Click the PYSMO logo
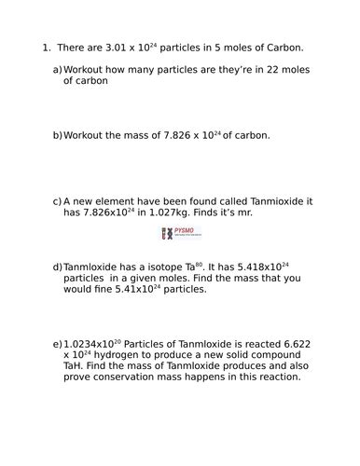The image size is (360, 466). pyautogui.click(x=180, y=233)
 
